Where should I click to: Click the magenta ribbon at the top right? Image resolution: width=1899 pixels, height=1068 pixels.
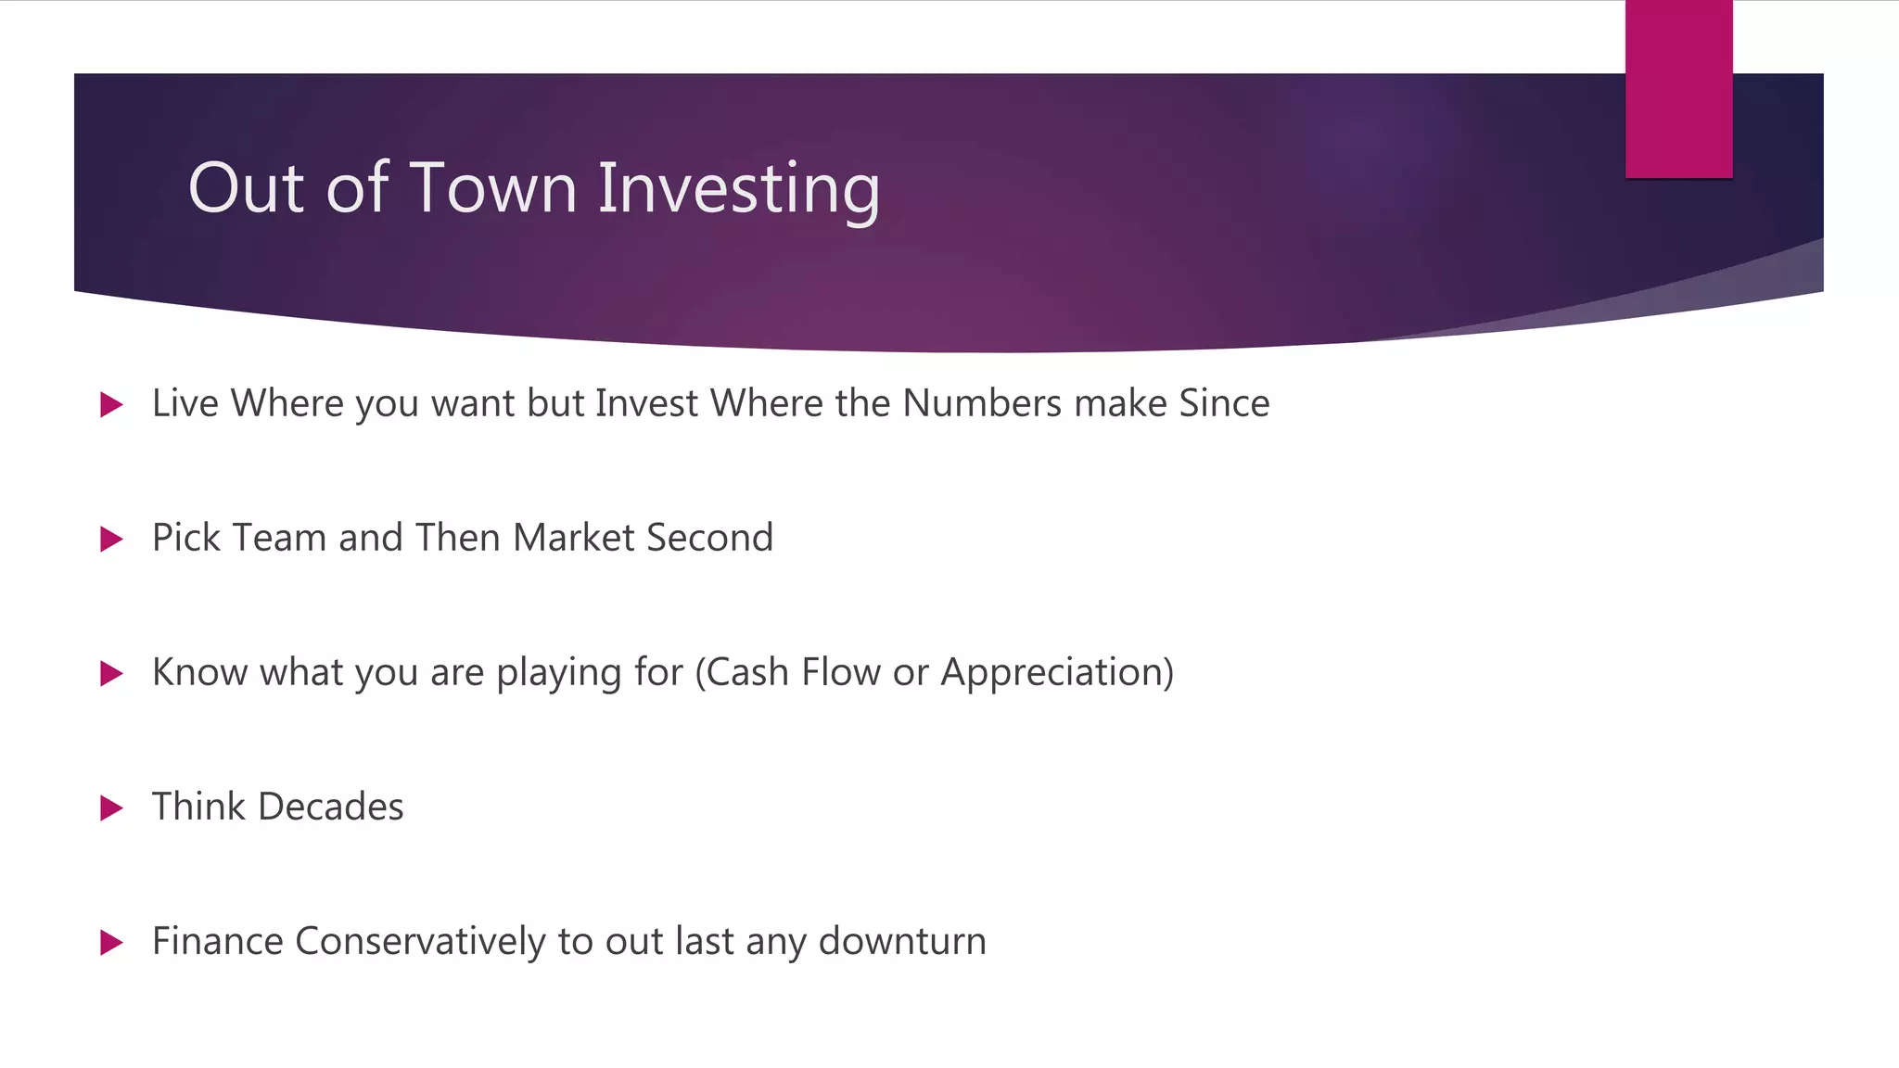[x=1678, y=89]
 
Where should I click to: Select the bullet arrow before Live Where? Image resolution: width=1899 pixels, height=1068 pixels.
[x=111, y=404]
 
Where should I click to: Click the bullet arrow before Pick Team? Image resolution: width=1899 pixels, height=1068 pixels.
[x=111, y=539]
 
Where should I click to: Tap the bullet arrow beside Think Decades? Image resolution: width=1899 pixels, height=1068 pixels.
[x=111, y=807]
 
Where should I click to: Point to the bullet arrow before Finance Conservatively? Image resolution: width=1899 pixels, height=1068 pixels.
[x=111, y=942]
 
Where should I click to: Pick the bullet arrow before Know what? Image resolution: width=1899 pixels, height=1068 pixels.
[x=111, y=673]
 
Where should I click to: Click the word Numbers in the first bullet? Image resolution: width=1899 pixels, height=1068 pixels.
[x=982, y=403]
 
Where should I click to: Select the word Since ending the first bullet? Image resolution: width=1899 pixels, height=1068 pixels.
[x=1224, y=403]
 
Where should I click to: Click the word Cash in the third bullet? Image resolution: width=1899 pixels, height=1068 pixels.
[x=747, y=672]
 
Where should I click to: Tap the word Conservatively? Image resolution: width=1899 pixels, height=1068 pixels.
[x=420, y=942]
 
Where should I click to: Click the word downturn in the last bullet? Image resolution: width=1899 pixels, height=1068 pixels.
[x=902, y=941]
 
